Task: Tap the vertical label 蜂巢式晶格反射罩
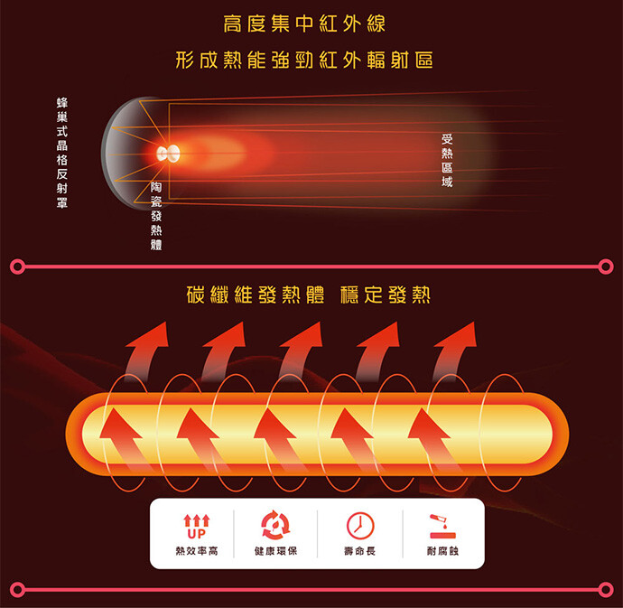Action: pyautogui.click(x=61, y=153)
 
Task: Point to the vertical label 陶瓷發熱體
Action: pyautogui.click(x=156, y=214)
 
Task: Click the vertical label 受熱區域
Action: pyautogui.click(x=447, y=161)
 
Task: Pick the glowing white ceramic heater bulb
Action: pyautogui.click(x=166, y=153)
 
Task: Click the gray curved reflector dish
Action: pyautogui.click(x=118, y=153)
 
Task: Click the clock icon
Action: pyautogui.click(x=359, y=525)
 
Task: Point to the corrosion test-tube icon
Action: pyautogui.click(x=442, y=525)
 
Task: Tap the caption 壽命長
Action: pyautogui.click(x=359, y=550)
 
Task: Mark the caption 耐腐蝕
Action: pyautogui.click(x=442, y=550)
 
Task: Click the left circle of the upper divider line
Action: pyautogui.click(x=16, y=267)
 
